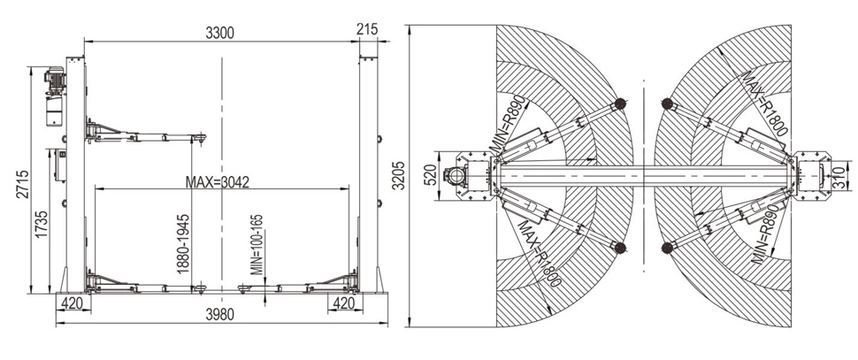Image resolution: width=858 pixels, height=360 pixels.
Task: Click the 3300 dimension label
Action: coord(219,33)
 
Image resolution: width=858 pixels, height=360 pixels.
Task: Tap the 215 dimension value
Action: coord(366,29)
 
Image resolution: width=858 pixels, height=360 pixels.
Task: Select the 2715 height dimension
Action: coord(22,184)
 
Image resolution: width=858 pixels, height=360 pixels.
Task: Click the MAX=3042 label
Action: coord(218,181)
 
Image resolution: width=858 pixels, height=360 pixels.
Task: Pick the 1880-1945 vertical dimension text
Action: coord(183,244)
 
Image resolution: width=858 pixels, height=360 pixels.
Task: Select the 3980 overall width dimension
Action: coord(220,314)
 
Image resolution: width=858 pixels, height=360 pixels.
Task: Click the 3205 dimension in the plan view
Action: coord(400,176)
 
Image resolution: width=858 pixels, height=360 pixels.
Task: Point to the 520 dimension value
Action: coord(430,176)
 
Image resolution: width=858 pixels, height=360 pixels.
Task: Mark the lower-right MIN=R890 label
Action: coord(768,236)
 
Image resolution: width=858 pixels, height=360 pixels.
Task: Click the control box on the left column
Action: coord(59,165)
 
